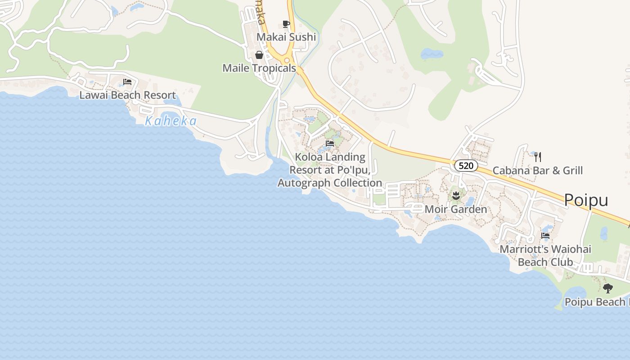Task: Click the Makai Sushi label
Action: (x=286, y=37)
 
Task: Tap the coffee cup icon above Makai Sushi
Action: (x=286, y=24)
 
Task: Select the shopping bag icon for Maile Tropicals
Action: (x=259, y=55)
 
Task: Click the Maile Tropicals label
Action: (x=259, y=68)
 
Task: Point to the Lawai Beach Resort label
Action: (x=127, y=95)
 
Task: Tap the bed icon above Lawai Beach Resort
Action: (x=127, y=82)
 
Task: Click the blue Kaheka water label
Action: (x=171, y=121)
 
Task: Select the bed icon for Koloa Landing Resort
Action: (x=330, y=144)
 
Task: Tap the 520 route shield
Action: (x=466, y=166)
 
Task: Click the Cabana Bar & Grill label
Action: (x=537, y=171)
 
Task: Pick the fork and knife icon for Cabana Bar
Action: (x=537, y=157)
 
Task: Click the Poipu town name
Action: (x=586, y=200)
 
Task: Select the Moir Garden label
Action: (x=455, y=209)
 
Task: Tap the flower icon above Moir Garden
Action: (x=456, y=195)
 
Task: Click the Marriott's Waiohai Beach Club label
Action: (x=545, y=256)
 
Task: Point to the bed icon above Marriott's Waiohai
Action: (x=545, y=236)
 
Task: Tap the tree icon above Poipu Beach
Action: (x=608, y=288)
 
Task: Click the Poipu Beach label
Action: (x=597, y=302)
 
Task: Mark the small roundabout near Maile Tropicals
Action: (x=287, y=61)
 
